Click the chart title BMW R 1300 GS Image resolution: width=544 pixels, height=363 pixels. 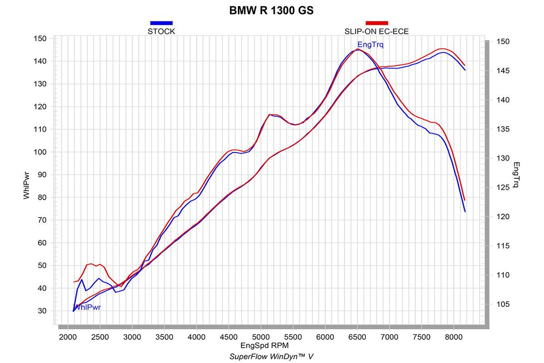272,10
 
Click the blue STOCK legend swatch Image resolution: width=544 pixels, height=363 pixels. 161,23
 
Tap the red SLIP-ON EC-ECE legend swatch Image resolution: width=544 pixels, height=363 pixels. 377,23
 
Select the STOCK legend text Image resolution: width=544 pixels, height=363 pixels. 161,31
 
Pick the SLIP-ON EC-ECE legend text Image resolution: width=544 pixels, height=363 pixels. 377,31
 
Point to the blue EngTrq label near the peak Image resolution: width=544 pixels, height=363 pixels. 370,44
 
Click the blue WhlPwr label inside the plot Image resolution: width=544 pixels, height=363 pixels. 87,307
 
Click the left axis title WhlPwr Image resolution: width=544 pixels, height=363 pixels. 27,186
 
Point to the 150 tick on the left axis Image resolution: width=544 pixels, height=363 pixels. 40,39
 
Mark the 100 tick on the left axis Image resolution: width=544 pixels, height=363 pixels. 40,152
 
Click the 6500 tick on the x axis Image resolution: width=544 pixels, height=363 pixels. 357,337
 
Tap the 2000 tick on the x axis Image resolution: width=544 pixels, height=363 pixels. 68,337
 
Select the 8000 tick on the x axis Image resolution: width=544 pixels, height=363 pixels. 453,337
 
